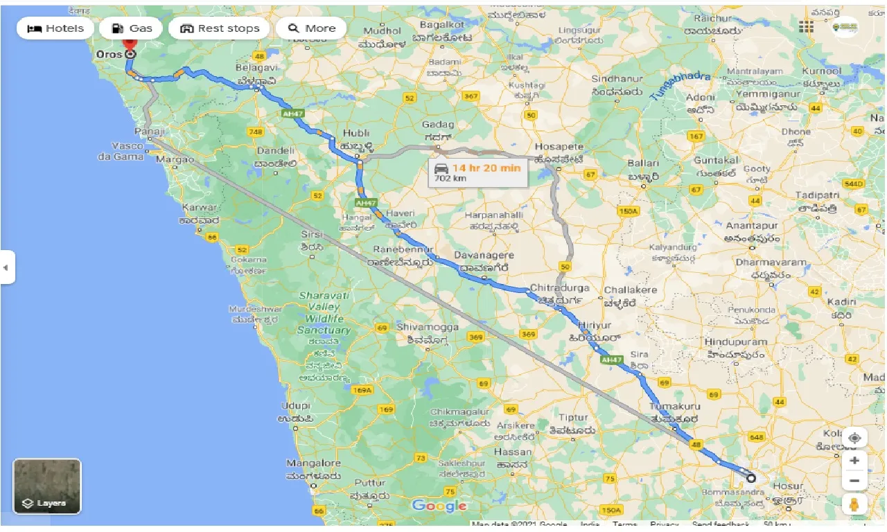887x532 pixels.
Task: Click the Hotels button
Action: click(x=55, y=28)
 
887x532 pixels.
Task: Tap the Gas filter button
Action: click(x=131, y=28)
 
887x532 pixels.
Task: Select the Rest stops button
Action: click(x=219, y=28)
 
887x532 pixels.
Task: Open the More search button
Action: click(x=311, y=28)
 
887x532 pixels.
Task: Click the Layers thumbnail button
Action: click(x=47, y=486)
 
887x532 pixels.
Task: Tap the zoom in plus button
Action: click(x=855, y=461)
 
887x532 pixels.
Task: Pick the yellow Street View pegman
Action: click(x=855, y=504)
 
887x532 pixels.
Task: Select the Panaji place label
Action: click(x=150, y=131)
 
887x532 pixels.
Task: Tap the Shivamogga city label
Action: click(x=427, y=327)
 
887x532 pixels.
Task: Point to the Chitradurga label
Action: click(x=559, y=287)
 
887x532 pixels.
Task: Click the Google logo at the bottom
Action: click(x=439, y=506)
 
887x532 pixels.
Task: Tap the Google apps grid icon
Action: click(x=806, y=26)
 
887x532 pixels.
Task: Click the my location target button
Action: click(x=855, y=438)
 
